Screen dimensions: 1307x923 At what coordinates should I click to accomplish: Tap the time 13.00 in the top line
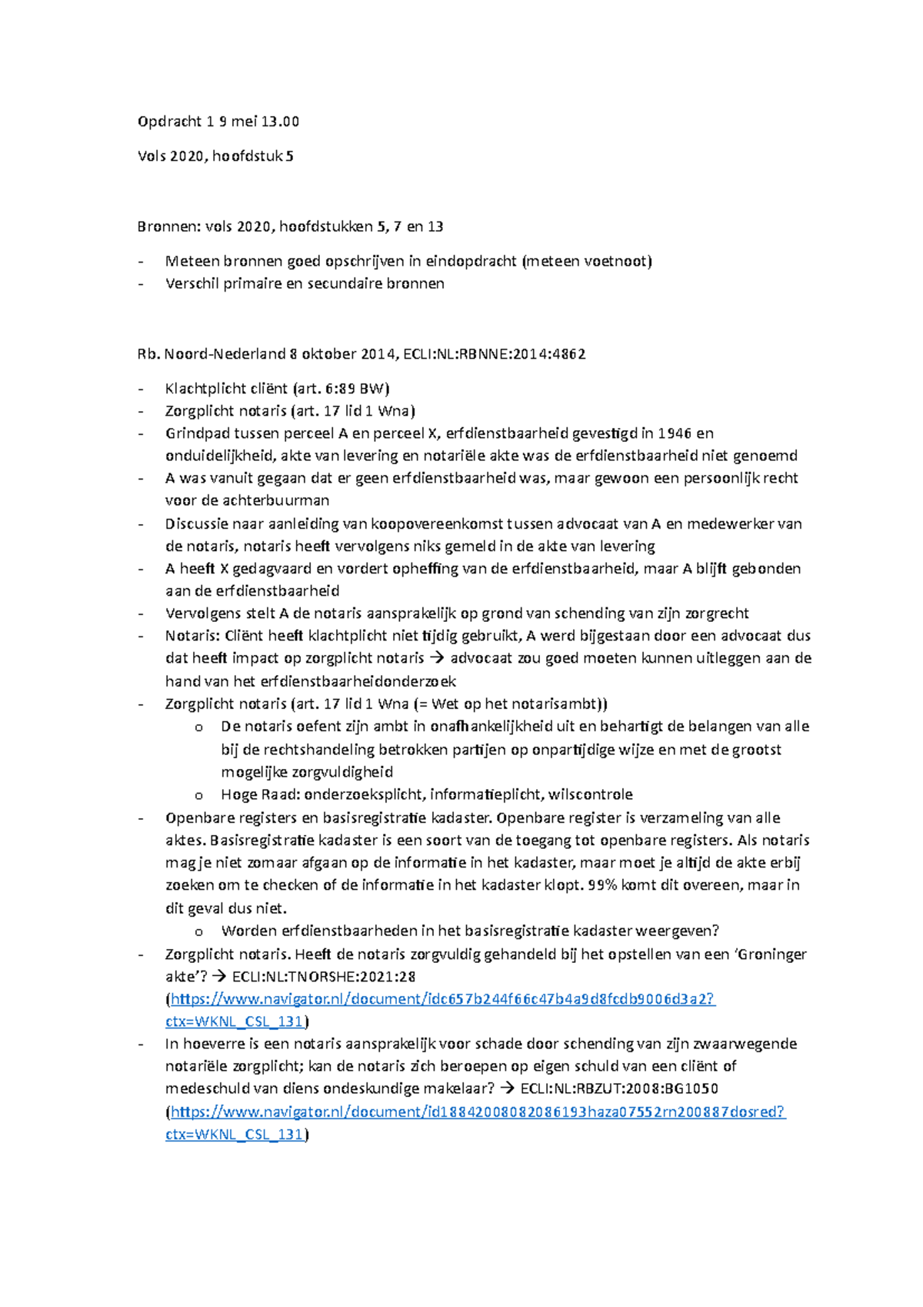point(280,122)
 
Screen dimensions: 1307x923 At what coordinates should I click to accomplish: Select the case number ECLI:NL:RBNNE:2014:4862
point(495,354)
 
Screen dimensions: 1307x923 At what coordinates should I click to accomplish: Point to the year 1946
point(675,433)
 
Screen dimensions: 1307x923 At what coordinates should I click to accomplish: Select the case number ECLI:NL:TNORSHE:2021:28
point(324,977)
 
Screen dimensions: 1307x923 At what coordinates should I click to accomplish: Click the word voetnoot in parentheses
point(618,261)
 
